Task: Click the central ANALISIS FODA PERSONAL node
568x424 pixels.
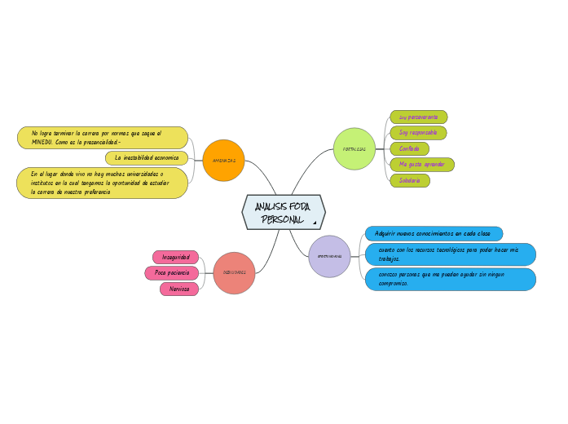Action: (x=283, y=213)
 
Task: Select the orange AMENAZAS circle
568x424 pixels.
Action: (x=223, y=161)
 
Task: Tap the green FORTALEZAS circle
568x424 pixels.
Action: (x=354, y=149)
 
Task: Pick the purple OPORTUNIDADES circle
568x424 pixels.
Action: (x=329, y=256)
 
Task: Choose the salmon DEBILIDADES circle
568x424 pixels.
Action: (x=234, y=272)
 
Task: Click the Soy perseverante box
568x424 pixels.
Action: (x=418, y=117)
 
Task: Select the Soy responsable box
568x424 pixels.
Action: (x=418, y=132)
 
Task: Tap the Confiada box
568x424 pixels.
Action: (x=409, y=148)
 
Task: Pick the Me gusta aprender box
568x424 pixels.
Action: (x=421, y=165)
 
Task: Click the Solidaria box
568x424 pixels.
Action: (x=409, y=180)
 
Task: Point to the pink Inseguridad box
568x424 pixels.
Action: (x=175, y=258)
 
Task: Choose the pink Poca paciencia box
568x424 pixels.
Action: (x=171, y=273)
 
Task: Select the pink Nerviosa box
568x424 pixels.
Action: (x=179, y=289)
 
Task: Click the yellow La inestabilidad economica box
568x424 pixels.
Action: (x=147, y=157)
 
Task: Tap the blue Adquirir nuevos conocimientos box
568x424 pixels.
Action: (x=434, y=234)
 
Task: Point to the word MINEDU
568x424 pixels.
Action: (x=42, y=142)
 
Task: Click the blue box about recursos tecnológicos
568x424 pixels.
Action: (x=451, y=254)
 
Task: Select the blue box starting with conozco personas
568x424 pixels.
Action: (x=451, y=279)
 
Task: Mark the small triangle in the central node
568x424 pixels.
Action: (x=315, y=222)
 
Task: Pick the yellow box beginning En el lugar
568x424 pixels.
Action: (x=102, y=183)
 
